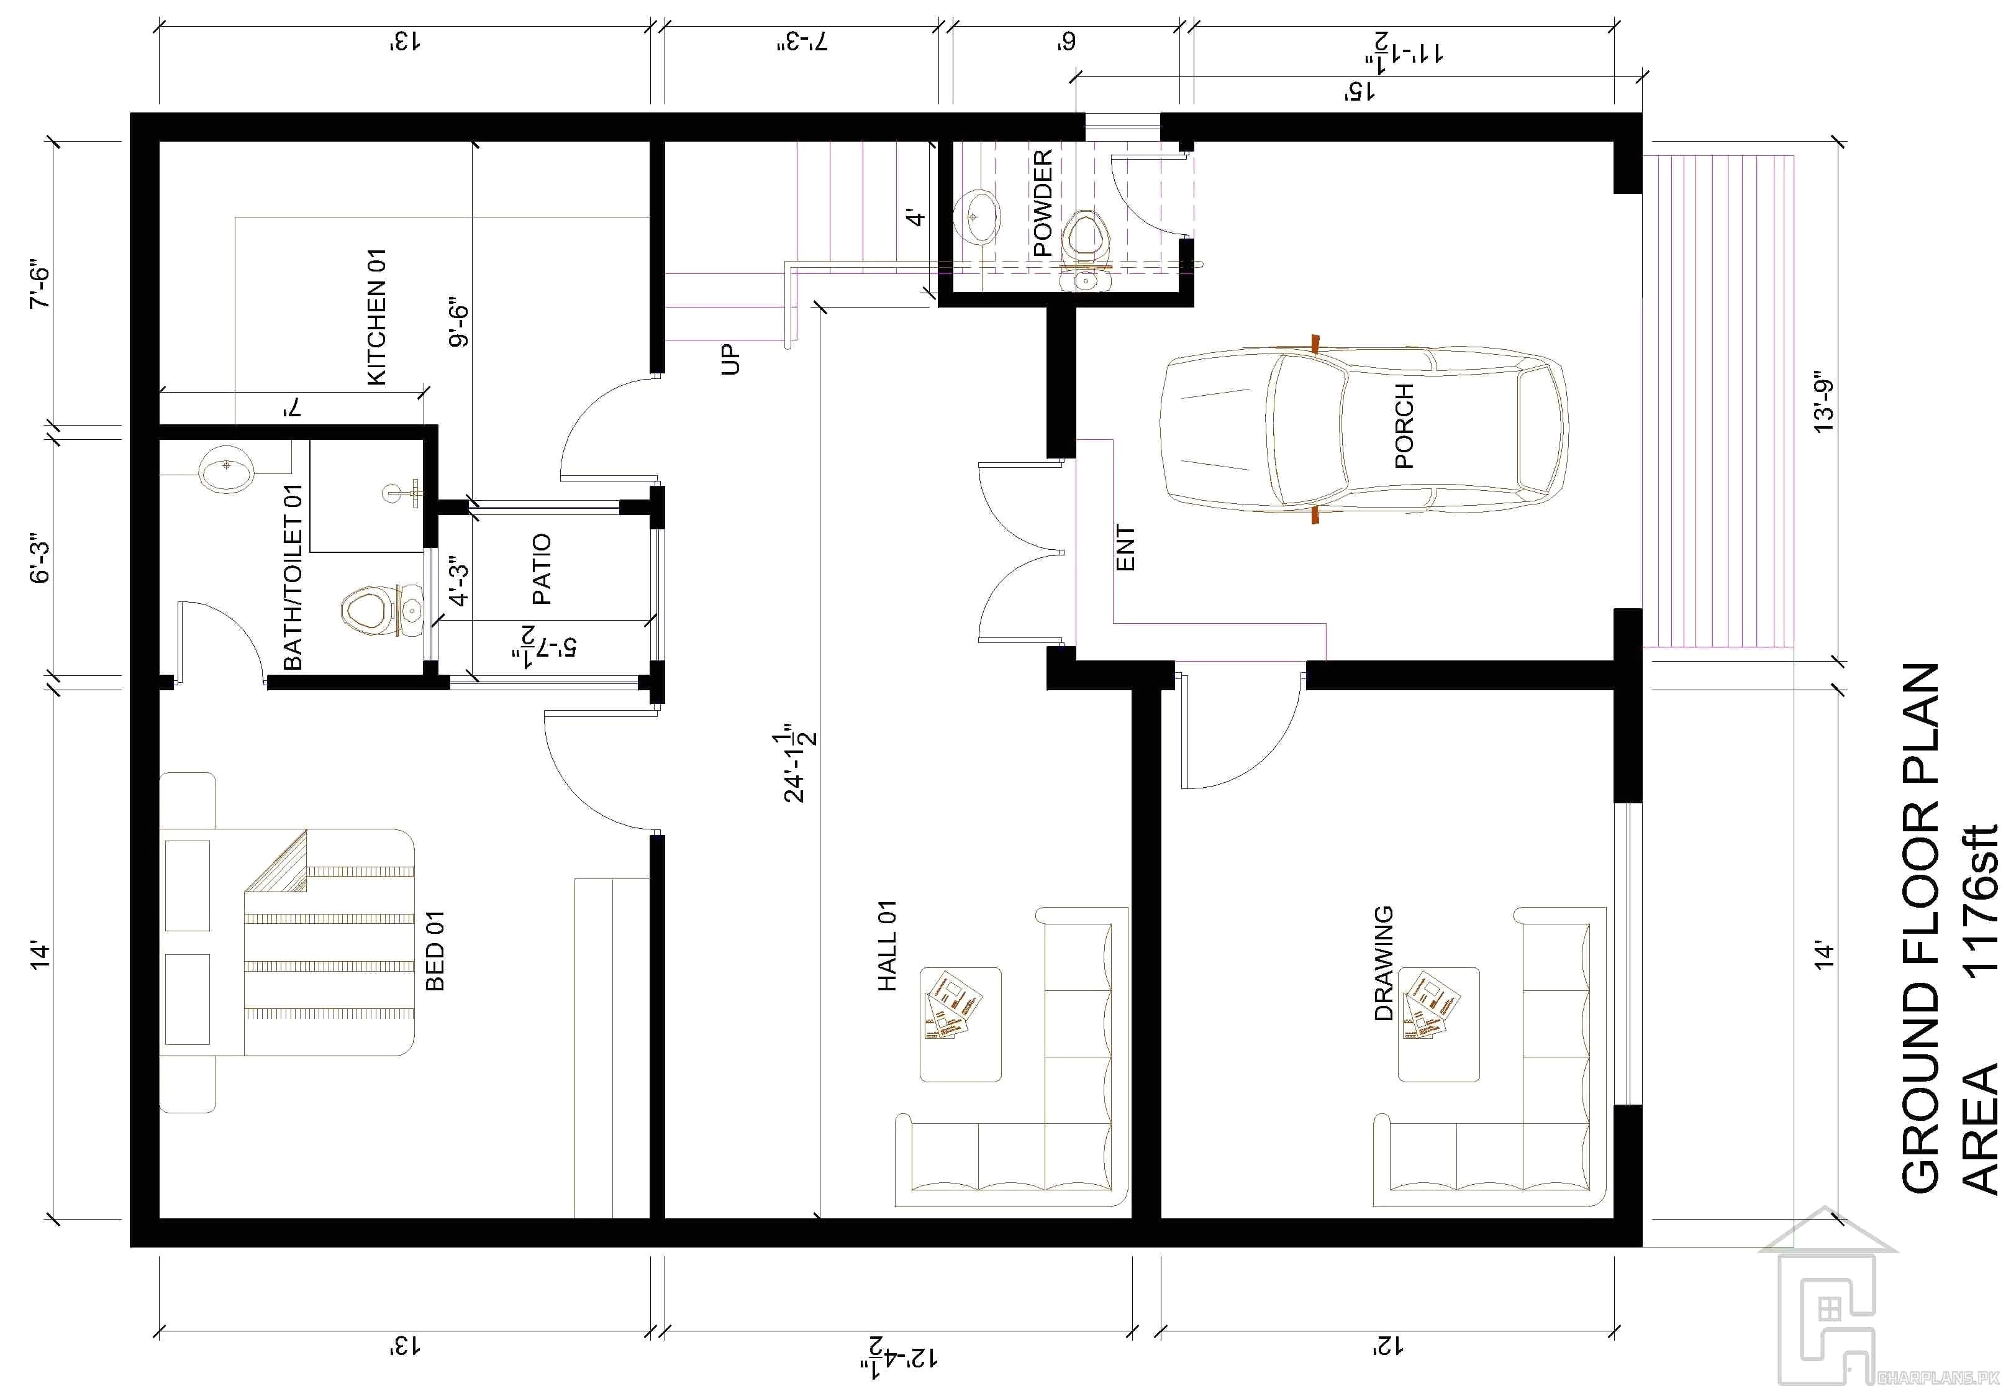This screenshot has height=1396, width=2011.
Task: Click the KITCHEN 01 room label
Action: coord(376,317)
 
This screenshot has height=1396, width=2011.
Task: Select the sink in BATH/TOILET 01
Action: coord(227,470)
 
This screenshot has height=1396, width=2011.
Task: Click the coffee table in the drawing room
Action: coord(1438,1023)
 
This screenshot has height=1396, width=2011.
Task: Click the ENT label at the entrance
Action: coord(1126,549)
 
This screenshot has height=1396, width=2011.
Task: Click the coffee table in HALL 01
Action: coord(960,1023)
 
